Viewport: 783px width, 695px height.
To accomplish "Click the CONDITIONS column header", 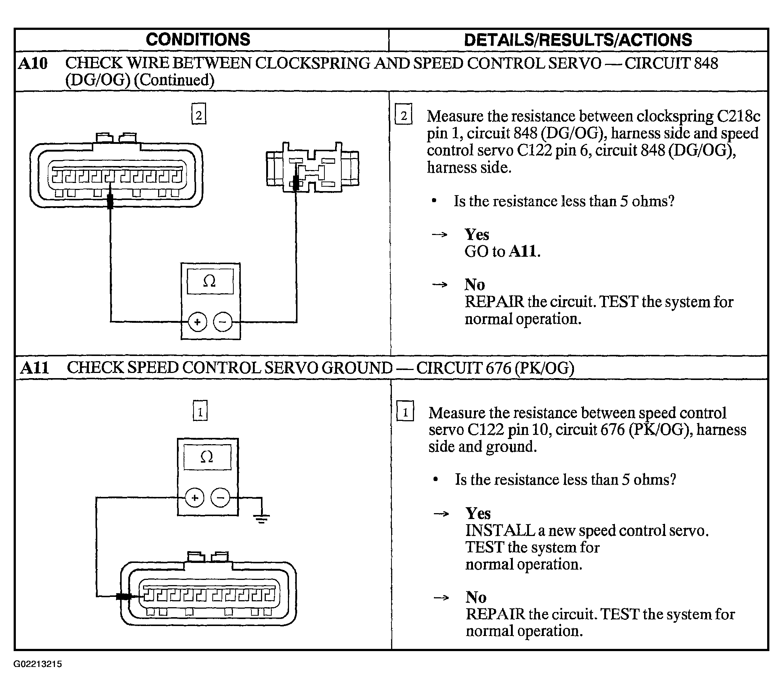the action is pos(198,39).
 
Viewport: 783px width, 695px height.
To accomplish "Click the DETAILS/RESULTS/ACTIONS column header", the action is pos(578,40).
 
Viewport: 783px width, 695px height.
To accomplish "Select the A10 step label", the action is pos(33,63).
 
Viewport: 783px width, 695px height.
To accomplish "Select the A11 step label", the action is pos(35,368).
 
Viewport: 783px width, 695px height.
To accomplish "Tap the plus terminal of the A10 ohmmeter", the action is pos(197,322).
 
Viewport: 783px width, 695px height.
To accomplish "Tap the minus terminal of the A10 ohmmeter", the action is pos(223,322).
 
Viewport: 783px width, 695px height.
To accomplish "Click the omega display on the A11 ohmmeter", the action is pos(207,457).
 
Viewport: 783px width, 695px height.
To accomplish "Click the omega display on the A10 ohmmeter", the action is pos(210,281).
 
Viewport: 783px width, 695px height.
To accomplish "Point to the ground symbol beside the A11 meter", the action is pos(262,519).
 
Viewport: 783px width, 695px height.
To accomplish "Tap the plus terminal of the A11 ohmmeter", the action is pos(195,498).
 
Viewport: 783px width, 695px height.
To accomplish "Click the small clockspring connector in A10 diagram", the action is pos(313,167).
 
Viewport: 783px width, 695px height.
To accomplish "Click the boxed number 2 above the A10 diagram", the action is pos(199,114).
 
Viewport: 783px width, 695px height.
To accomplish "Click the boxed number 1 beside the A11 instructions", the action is pos(405,411).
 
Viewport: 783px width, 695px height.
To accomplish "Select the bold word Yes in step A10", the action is pos(477,234).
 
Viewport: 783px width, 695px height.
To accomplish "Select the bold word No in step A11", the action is pos(476,597).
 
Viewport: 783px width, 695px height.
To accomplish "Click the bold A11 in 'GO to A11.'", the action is pos(525,252).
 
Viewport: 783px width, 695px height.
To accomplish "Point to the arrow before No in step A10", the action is pos(440,284).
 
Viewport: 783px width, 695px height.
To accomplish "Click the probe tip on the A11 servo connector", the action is pos(124,597).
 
